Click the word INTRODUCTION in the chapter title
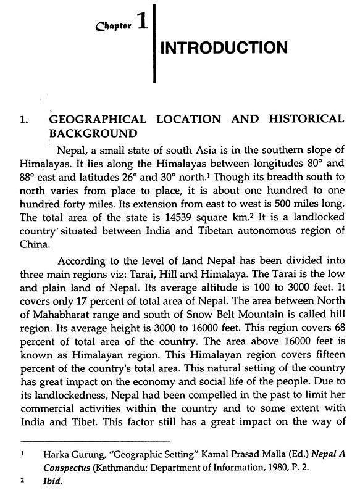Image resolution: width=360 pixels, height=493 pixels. click(224, 48)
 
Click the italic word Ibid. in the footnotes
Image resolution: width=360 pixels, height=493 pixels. click(58, 482)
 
